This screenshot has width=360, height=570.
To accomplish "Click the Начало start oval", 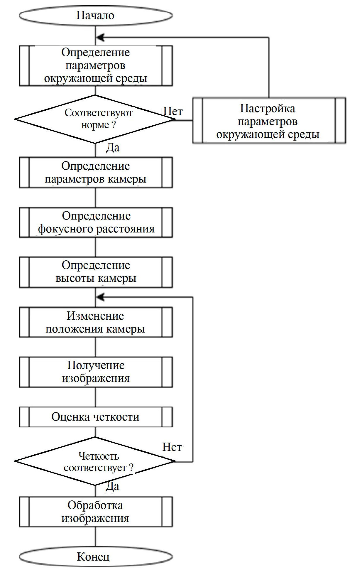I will point(96,16).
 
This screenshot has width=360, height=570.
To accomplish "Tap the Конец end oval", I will point(96,557).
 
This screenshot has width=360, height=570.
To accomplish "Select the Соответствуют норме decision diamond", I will point(96,119).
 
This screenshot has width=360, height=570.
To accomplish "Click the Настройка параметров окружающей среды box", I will point(269,121).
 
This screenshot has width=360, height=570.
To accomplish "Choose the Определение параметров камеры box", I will point(96,173).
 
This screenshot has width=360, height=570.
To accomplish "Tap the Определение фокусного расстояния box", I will point(96,222).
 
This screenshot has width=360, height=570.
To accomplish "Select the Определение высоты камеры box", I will point(96,272).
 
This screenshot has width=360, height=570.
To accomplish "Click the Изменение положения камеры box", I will point(96,322).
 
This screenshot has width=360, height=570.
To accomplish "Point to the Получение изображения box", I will point(96,372).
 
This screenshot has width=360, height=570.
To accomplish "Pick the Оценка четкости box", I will point(96,417).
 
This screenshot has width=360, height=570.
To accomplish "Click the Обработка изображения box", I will point(96,512).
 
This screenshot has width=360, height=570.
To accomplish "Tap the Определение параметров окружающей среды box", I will point(96,65).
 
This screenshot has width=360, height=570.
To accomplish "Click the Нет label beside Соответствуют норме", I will point(173,112).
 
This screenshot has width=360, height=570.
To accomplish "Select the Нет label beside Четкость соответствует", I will point(172,447).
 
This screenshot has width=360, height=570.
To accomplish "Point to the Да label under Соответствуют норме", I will point(113,148).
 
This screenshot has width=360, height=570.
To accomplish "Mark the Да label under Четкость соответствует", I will point(112,486).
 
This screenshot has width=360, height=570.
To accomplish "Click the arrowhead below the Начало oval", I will point(100,38).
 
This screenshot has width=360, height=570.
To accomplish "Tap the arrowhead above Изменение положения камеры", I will point(100,297).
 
